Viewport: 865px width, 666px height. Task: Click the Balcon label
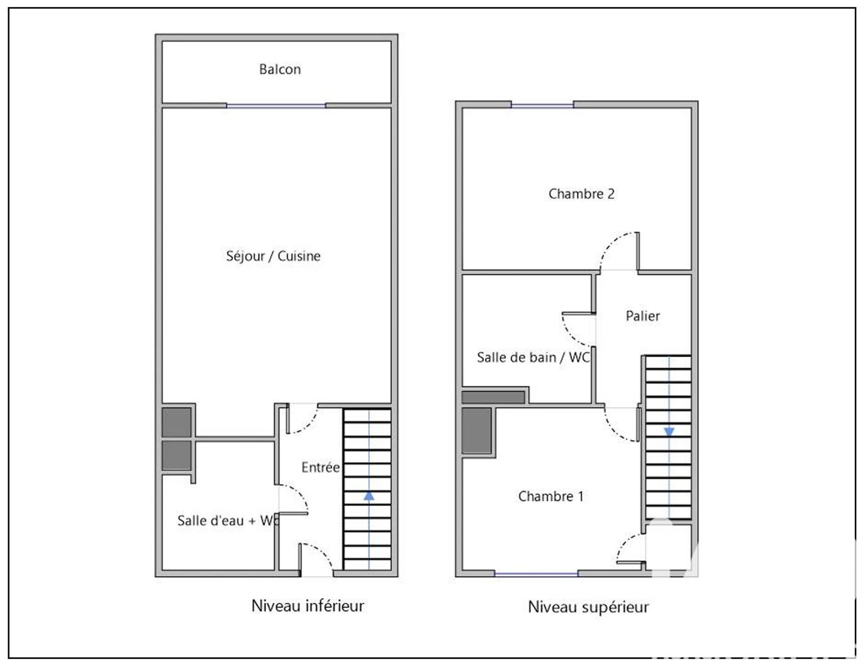tap(280, 69)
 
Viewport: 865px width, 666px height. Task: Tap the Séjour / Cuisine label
tap(273, 256)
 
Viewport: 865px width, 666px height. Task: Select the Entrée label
tap(320, 467)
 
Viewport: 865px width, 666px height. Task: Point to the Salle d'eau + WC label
tap(228, 521)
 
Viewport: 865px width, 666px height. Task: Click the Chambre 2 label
tap(581, 194)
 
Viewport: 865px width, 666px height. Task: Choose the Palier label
tap(642, 316)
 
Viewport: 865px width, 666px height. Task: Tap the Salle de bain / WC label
tap(533, 358)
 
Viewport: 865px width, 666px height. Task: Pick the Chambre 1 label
tap(550, 496)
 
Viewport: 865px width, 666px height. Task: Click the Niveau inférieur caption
tap(308, 606)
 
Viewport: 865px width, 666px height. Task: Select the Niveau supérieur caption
tap(588, 607)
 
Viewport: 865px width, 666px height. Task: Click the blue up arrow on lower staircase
tap(369, 496)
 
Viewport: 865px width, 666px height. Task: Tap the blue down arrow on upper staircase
tap(669, 432)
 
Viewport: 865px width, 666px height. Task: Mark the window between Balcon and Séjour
tap(276, 106)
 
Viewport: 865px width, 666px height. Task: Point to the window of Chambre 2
tap(542, 106)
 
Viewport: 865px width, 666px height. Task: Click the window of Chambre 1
tap(536, 574)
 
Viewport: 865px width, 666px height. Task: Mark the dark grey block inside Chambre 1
tap(476, 431)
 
